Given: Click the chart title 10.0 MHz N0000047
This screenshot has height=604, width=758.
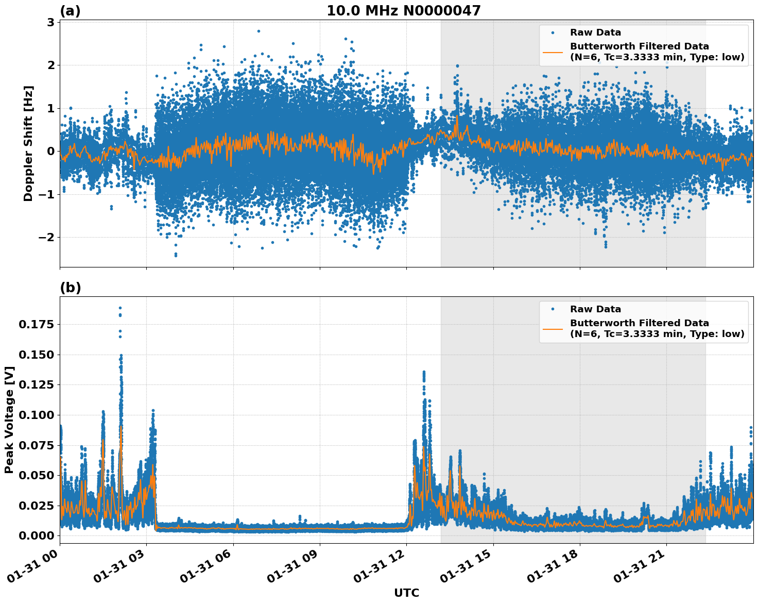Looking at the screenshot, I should tap(403, 11).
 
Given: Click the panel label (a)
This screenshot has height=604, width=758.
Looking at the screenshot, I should tap(70, 11).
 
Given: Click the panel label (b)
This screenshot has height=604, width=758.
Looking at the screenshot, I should tap(70, 288).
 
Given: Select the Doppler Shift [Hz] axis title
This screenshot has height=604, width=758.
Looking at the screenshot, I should tap(28, 143).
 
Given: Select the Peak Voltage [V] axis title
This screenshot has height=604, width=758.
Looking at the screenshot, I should tap(9, 420).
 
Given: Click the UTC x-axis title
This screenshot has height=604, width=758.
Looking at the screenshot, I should tap(406, 593).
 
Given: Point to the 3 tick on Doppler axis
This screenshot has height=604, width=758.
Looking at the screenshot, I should tap(50, 22).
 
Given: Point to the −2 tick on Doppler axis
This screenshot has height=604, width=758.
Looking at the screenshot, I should tap(47, 237).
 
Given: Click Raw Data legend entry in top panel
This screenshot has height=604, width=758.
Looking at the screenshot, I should tap(595, 32).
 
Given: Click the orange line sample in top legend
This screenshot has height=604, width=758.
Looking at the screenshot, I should tap(553, 52).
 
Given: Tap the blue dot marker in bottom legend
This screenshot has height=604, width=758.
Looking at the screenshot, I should tap(553, 309).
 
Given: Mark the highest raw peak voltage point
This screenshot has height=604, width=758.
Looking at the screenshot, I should tap(120, 308).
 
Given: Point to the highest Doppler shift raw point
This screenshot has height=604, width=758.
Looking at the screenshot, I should tap(259, 31).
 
